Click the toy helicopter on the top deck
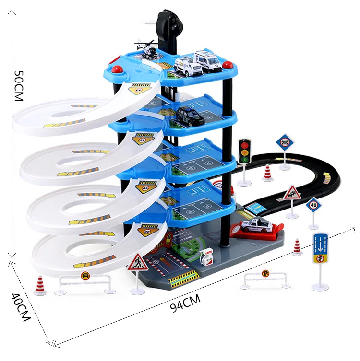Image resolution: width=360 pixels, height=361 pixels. point(147,50)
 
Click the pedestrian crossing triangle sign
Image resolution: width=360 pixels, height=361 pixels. point(138,263)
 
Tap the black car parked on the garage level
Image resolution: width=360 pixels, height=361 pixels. point(190,116)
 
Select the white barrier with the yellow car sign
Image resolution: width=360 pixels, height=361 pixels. point(84,282)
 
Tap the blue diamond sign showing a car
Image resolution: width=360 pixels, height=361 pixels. point(284,142)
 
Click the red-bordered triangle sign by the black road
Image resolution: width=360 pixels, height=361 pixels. point(291,194)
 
